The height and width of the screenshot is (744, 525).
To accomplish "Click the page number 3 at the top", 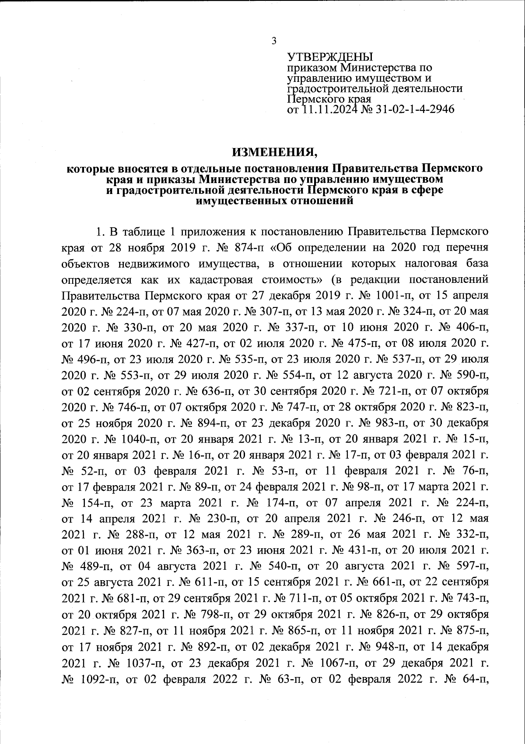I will point(274,41).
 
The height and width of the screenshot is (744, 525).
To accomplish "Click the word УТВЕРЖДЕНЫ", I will point(330,57).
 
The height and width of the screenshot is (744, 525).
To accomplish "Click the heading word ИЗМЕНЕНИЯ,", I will point(274,152).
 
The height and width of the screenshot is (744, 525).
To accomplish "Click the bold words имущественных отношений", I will point(274,201).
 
